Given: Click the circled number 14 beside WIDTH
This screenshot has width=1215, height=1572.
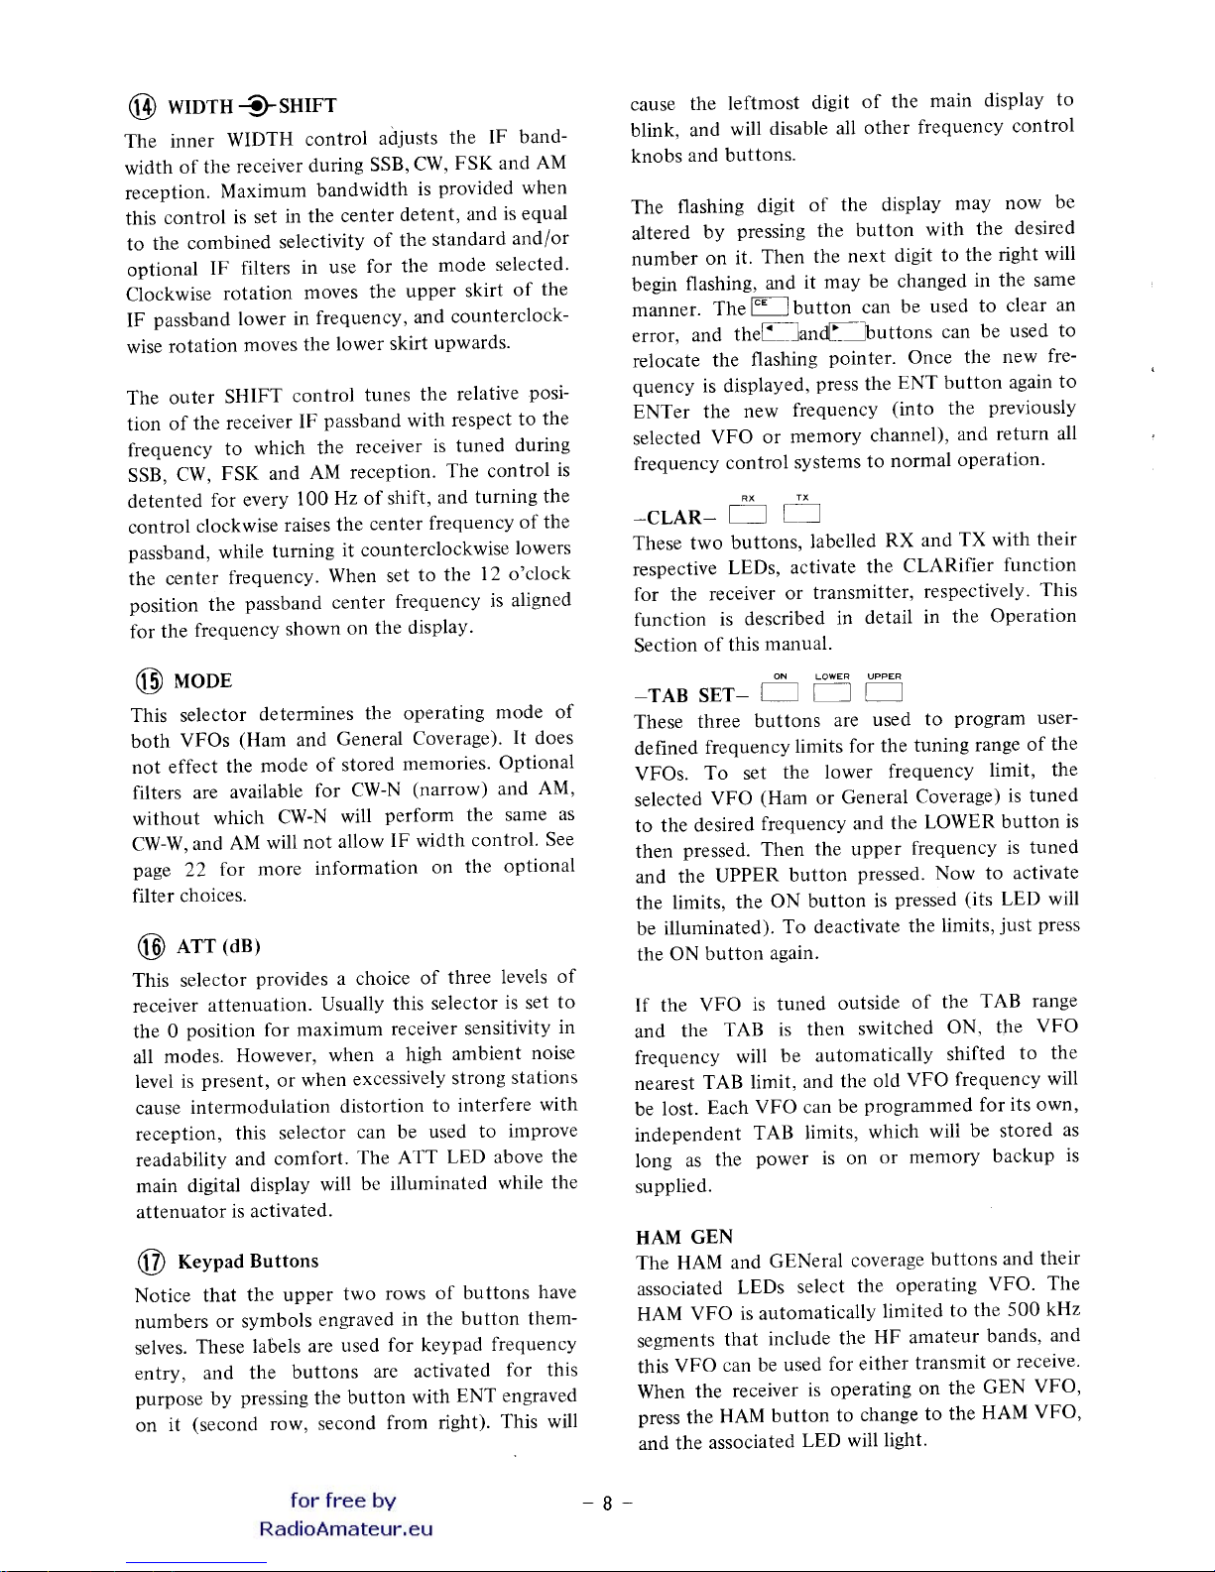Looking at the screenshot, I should (x=144, y=107).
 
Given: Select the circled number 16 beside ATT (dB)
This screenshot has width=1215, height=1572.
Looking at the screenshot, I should (x=151, y=947).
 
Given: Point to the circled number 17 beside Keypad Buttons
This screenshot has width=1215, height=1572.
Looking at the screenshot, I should (x=151, y=1262).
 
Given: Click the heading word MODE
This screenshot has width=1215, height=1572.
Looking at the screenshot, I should (x=203, y=681).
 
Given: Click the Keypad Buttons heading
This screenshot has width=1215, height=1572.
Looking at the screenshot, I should (x=248, y=1262).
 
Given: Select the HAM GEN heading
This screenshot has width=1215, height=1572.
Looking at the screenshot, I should (x=684, y=1237).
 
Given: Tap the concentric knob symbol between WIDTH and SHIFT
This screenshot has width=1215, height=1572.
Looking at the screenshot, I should (x=256, y=106).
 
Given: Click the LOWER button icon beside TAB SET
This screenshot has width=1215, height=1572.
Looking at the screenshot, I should (x=832, y=692).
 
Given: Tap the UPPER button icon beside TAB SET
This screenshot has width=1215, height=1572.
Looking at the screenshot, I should (x=884, y=692).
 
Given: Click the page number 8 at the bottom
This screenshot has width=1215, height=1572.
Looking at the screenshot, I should (x=608, y=1504).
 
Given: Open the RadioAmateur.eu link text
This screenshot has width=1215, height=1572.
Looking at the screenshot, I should (x=345, y=1528).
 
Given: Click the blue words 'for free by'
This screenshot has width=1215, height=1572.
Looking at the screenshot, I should (x=343, y=1501).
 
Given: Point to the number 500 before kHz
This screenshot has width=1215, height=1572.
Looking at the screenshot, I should (x=1022, y=1310).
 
